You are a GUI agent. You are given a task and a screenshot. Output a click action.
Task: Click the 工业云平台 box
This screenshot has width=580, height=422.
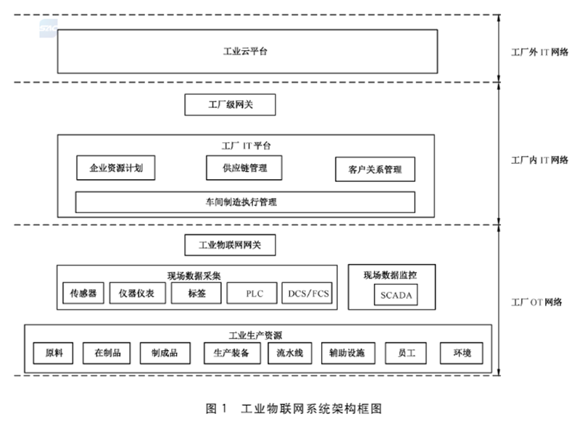tap(247, 51)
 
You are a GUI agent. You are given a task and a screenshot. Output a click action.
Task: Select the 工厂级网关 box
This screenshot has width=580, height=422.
tap(230, 104)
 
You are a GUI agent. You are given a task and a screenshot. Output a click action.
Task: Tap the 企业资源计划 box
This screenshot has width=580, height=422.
tap(116, 168)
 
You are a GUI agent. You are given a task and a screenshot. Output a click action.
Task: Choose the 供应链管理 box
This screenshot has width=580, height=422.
tap(244, 168)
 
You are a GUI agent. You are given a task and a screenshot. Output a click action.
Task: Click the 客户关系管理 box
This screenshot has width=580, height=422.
tap(375, 170)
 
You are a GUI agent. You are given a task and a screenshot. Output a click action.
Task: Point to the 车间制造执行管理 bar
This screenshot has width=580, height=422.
tap(245, 202)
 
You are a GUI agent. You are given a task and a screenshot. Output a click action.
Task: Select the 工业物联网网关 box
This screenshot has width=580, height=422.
tap(230, 245)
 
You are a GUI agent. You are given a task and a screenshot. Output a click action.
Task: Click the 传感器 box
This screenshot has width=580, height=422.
tap(83, 293)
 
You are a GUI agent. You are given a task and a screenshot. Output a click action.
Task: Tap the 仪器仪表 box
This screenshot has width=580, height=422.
tap(137, 293)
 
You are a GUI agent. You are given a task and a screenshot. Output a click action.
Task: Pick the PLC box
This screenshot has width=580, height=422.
tap(252, 293)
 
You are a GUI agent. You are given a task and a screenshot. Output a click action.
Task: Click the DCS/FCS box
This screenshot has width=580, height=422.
tap(307, 293)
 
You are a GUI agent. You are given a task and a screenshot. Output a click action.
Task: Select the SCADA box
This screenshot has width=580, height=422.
tap(396, 295)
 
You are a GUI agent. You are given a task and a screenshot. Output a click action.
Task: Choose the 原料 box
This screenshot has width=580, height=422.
tap(53, 353)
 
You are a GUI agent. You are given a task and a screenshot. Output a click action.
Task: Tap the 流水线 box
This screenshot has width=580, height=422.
tap(290, 353)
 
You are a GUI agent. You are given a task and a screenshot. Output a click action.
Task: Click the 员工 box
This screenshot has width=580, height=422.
tap(406, 353)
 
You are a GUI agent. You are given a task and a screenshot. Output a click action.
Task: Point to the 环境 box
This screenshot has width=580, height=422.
tap(462, 353)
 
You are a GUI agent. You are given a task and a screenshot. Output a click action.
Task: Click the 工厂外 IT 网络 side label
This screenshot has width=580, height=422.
tap(539, 52)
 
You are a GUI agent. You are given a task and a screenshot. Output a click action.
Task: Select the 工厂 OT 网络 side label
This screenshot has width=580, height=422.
tap(536, 302)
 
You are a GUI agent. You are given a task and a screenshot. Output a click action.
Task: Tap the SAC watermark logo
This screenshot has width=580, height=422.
tap(49, 28)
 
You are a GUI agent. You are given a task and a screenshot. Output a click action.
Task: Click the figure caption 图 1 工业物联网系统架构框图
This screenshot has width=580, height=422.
tap(294, 409)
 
